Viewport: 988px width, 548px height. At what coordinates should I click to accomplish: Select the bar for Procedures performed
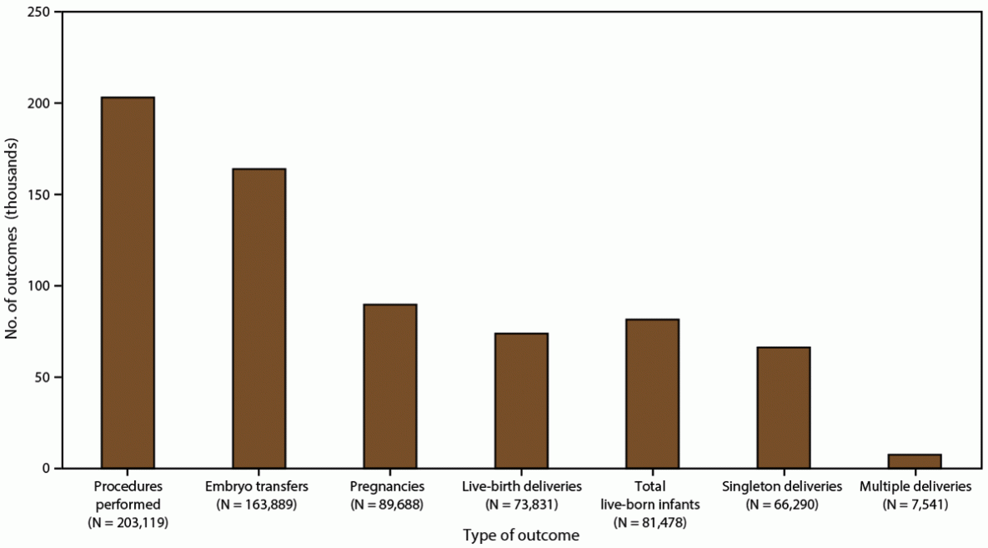coord(128,283)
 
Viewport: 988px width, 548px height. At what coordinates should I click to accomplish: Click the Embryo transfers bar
coord(259,319)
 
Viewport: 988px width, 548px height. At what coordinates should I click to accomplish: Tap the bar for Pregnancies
coord(390,386)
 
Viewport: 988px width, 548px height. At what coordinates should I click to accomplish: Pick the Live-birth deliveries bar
coord(521,400)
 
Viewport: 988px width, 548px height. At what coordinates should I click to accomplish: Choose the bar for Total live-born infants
coord(653,394)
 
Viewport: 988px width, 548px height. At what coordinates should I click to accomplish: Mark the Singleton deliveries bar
coord(784,408)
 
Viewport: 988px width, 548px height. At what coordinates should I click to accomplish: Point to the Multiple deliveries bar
coord(915,461)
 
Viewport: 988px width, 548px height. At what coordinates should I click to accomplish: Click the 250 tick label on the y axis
coord(39,13)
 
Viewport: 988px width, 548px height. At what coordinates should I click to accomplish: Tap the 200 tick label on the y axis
coord(39,103)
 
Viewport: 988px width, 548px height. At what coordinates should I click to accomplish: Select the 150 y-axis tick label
coord(39,194)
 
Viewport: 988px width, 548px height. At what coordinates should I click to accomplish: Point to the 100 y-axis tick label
coord(39,286)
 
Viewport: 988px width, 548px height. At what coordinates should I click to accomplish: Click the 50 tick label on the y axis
coord(43,377)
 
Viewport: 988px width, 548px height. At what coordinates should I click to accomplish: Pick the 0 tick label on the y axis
coord(46,468)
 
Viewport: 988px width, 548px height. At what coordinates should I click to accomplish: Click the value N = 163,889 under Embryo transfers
coord(259,504)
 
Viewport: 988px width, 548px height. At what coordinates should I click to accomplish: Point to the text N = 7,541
coord(915,504)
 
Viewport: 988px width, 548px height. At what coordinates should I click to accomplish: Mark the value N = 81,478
coord(653,522)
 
